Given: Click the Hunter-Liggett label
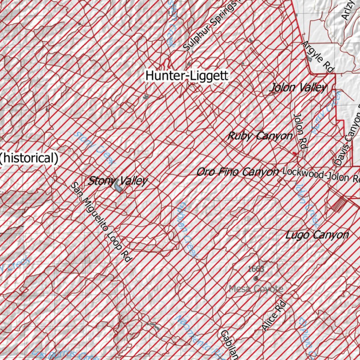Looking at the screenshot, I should click(x=187, y=75).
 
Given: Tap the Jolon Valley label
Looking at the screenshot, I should click(x=298, y=88).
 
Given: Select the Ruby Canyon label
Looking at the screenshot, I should click(x=260, y=136).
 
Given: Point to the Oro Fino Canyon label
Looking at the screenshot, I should click(x=238, y=172).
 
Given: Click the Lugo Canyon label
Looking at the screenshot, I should click(x=317, y=235).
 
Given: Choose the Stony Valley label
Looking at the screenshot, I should click(x=118, y=181).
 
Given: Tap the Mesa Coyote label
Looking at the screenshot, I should click(x=256, y=289).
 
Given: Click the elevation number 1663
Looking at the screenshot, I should click(x=256, y=269).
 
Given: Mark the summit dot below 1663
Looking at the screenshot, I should click(x=256, y=278).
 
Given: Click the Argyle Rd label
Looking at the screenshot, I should click(x=318, y=57).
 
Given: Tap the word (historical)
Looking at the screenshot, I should click(x=29, y=158).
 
